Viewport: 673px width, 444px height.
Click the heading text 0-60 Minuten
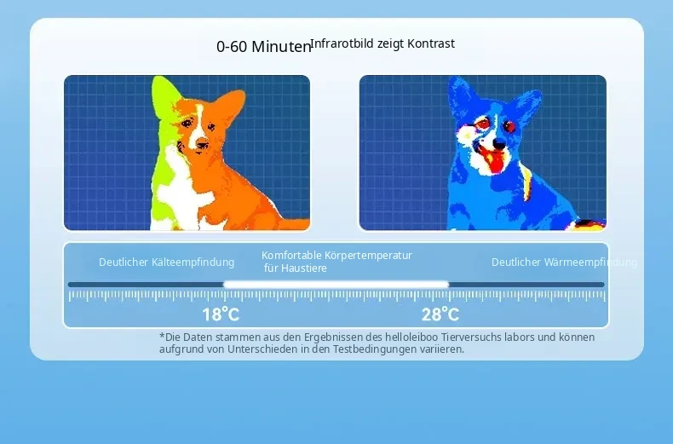[263, 46]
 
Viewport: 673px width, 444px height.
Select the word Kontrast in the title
[431, 43]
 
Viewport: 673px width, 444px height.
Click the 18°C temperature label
[221, 314]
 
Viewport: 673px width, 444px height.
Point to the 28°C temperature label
[440, 314]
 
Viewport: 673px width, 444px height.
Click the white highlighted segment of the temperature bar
[336, 285]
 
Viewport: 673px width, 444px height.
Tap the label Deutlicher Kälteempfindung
[166, 262]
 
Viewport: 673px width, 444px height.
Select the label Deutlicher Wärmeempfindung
[564, 262]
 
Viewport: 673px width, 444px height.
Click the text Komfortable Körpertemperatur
[337, 255]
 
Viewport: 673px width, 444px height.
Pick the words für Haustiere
[296, 268]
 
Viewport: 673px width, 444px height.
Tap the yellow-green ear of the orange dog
[164, 98]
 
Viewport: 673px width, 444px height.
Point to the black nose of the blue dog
[498, 142]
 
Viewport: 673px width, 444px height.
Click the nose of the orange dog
[201, 145]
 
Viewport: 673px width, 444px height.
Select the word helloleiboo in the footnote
[411, 337]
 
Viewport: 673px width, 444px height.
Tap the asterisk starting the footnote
[162, 336]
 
